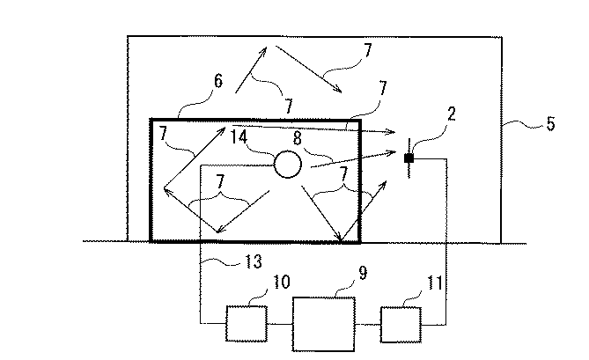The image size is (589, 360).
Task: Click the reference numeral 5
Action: pos(550,123)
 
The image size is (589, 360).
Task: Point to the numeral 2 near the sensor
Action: pos(427,114)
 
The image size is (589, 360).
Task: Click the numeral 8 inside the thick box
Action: pos(298,137)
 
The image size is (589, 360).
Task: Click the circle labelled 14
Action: pos(287,163)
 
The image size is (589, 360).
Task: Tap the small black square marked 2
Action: pos(409,158)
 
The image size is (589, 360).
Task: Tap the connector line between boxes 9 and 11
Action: pos(369,323)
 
